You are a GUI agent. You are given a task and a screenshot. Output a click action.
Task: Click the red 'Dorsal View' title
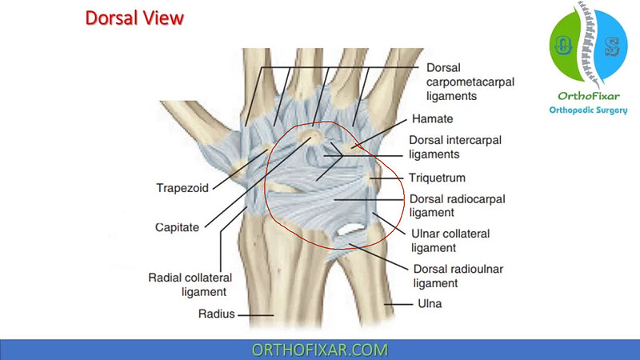134,18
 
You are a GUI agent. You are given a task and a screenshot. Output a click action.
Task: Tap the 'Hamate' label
432,118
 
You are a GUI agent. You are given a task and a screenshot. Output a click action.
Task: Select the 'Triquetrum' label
437,178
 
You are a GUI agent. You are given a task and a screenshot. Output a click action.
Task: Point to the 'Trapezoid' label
182,188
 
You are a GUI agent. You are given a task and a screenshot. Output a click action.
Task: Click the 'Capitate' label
177,227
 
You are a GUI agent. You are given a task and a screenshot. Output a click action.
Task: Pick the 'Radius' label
216,314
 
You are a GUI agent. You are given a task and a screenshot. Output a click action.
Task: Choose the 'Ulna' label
430,304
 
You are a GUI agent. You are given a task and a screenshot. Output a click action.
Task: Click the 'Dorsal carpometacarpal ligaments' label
470,82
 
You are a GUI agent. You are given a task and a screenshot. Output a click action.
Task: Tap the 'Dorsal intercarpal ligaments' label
455,147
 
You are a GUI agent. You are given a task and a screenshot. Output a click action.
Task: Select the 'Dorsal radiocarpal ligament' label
457,206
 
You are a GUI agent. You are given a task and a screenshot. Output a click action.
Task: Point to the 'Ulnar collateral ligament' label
450,241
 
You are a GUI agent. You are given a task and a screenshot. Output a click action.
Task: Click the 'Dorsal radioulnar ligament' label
458,276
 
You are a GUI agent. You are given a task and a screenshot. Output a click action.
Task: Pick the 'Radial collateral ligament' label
190,285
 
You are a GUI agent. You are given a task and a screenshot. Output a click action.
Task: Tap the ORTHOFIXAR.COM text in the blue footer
319,350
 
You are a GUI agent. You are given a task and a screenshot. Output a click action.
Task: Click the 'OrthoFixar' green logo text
589,96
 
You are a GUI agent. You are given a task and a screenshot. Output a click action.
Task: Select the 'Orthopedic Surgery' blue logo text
588,110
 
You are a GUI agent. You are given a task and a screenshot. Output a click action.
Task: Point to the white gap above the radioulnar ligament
349,230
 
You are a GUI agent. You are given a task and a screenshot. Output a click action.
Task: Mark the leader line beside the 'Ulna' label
398,304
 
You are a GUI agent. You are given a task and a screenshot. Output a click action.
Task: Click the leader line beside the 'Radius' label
255,315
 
